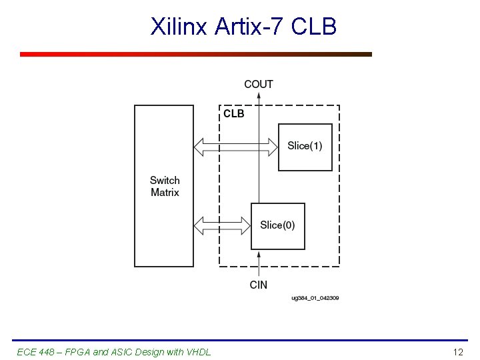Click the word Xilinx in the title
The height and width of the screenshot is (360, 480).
179,27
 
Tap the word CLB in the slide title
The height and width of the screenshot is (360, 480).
313,27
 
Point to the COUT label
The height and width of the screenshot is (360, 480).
259,84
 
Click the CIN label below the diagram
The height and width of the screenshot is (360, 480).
259,285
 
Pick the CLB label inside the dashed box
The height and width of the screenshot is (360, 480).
234,114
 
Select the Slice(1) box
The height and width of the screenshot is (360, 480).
305,147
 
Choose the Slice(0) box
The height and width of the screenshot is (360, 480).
278,226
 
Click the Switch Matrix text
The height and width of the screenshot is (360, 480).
165,186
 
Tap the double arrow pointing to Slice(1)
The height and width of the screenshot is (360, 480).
235,147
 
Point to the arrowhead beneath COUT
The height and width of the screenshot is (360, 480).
259,95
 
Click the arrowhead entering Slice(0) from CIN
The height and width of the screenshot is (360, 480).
259,254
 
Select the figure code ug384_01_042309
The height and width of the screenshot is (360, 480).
315,298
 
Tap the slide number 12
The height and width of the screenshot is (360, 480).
458,351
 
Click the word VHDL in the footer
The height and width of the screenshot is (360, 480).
197,351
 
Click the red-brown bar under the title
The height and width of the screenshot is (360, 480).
196,55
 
